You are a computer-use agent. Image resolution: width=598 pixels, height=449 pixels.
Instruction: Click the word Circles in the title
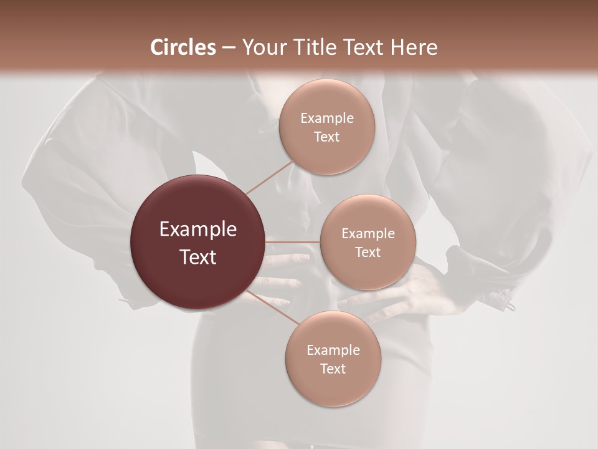click(x=183, y=47)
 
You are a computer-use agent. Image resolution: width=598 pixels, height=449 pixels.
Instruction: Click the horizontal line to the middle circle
click(x=293, y=241)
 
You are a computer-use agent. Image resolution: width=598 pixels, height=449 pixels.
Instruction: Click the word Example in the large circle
click(x=198, y=229)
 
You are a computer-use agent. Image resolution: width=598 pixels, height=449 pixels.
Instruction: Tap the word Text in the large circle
click(x=198, y=256)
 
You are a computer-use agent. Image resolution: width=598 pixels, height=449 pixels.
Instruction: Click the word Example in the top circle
click(x=327, y=118)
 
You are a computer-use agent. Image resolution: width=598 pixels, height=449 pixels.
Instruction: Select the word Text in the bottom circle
click(x=333, y=369)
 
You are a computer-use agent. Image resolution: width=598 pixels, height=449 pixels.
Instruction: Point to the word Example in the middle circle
click(x=368, y=233)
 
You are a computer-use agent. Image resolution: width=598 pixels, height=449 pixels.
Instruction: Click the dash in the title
click(x=229, y=47)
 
